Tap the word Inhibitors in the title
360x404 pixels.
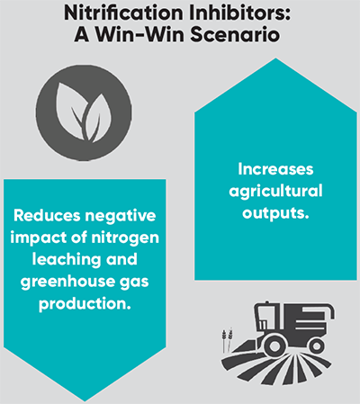point(235,13)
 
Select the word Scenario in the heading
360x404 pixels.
point(236,34)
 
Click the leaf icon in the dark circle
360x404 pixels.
point(84,112)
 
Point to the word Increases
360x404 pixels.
point(275,169)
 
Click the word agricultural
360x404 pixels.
point(275,192)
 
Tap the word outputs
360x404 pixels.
point(275,213)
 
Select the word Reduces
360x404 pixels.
point(47,215)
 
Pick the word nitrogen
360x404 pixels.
point(125,238)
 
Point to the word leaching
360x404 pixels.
point(67,260)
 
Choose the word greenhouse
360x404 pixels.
point(67,282)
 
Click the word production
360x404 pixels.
point(85,304)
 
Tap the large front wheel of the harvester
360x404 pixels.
point(274,345)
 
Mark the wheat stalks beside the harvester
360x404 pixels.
point(227,341)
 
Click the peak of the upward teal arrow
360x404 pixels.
point(275,58)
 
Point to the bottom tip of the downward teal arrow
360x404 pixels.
point(85,401)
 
